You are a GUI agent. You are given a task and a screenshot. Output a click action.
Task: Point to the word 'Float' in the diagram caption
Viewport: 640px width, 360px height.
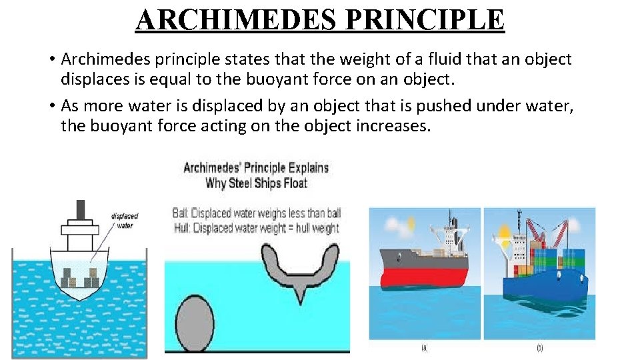(291, 183)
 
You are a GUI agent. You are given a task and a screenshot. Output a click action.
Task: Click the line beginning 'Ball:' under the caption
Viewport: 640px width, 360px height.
(257, 213)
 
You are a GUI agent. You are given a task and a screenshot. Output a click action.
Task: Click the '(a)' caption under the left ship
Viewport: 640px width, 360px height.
(425, 347)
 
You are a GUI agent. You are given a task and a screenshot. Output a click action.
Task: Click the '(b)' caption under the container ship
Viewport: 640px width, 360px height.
(539, 347)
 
